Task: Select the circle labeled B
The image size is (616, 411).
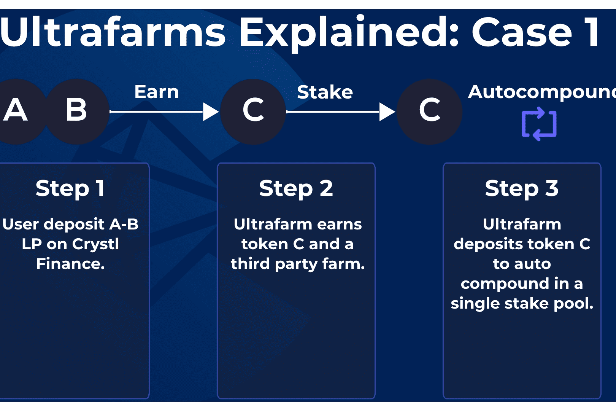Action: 77,111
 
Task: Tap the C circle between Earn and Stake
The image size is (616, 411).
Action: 253,111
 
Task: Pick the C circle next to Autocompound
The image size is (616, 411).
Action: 429,111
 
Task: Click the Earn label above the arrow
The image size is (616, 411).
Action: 157,92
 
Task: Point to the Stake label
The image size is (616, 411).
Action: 325,92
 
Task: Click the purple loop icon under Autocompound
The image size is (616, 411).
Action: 539,124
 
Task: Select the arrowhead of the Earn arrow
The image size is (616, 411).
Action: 210,112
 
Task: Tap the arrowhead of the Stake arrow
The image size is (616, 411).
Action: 387,112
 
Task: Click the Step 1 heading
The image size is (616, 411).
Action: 70,188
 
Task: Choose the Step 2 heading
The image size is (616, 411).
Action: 296,188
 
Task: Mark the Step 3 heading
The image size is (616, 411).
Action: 522,188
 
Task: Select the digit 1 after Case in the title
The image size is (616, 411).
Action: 592,33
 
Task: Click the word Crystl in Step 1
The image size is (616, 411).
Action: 95,244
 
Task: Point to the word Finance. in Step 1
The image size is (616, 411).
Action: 70,264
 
